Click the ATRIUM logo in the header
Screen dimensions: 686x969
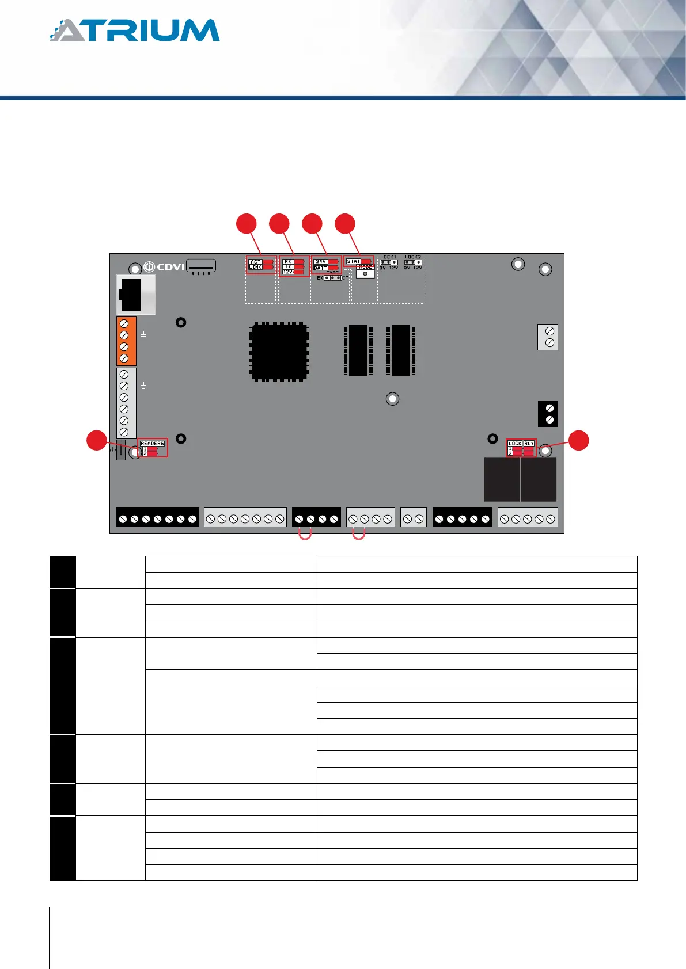tap(135, 30)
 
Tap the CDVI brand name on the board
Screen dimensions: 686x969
tap(170, 267)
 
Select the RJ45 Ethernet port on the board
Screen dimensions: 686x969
tap(135, 295)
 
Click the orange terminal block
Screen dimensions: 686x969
tap(126, 341)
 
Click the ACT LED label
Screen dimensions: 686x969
tap(255, 262)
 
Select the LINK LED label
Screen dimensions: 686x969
tap(255, 267)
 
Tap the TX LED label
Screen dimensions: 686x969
tap(288, 266)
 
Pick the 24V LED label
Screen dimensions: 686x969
tap(321, 262)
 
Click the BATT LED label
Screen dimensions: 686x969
tap(321, 268)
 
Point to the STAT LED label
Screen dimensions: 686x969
tap(353, 261)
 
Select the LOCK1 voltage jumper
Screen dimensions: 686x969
tap(388, 262)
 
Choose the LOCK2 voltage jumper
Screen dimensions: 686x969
tap(413, 262)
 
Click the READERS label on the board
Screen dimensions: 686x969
tap(153, 443)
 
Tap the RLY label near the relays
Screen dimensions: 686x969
tap(529, 443)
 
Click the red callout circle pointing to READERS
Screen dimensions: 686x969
tap(96, 440)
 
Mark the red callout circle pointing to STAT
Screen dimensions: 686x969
tap(345, 224)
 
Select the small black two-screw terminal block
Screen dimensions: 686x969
tap(548, 414)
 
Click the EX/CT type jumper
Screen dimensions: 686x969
tap(332, 278)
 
